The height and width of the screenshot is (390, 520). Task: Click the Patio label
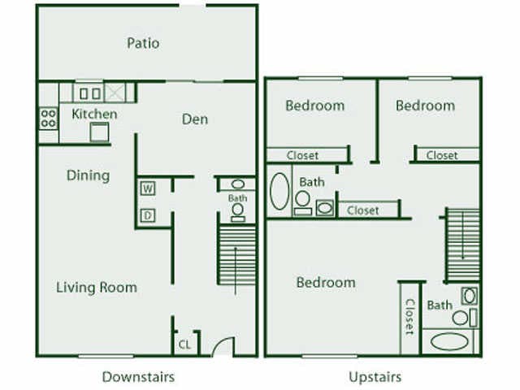(143, 43)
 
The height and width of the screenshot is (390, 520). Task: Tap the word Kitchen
(94, 114)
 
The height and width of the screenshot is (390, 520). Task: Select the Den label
(195, 119)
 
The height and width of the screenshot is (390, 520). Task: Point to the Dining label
(88, 175)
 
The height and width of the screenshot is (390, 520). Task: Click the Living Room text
(97, 287)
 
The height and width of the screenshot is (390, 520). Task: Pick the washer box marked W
(148, 189)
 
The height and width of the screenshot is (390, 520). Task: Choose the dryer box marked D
(148, 215)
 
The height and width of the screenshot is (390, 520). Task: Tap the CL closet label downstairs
(184, 344)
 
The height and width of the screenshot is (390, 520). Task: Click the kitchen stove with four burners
(48, 119)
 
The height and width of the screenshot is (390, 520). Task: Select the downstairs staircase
(237, 254)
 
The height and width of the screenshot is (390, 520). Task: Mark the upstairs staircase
(463, 244)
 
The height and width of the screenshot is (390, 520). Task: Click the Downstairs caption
(138, 376)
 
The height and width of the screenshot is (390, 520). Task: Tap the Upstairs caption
(375, 376)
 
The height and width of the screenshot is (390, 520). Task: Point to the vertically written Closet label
(409, 318)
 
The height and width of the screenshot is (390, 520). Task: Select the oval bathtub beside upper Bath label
(279, 192)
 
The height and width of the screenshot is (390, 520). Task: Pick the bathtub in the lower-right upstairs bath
(449, 341)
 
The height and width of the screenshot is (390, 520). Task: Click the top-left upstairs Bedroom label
(314, 106)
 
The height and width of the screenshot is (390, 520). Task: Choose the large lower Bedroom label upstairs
(326, 283)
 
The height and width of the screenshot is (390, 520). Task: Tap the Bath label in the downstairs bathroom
(237, 197)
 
